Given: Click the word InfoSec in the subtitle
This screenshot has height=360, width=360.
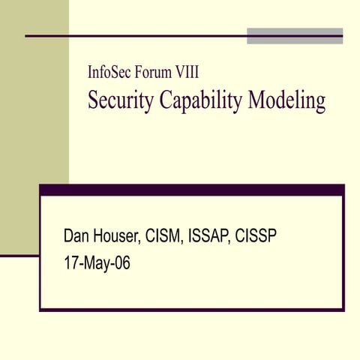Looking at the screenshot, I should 110,73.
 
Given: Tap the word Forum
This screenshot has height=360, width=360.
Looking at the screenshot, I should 154,73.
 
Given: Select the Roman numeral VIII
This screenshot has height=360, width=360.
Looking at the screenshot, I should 187,73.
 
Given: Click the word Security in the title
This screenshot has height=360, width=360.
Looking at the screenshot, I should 119,100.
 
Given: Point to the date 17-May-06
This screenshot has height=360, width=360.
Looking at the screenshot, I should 97,263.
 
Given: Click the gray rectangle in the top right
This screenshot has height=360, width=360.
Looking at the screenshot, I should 295,35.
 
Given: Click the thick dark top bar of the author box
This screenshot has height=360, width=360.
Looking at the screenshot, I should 191,190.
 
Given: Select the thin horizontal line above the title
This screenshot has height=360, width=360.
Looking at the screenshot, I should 135,35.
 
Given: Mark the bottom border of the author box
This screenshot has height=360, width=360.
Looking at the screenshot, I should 191,309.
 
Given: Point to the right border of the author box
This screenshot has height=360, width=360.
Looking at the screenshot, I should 343,251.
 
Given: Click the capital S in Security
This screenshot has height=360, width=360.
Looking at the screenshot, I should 93,100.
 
